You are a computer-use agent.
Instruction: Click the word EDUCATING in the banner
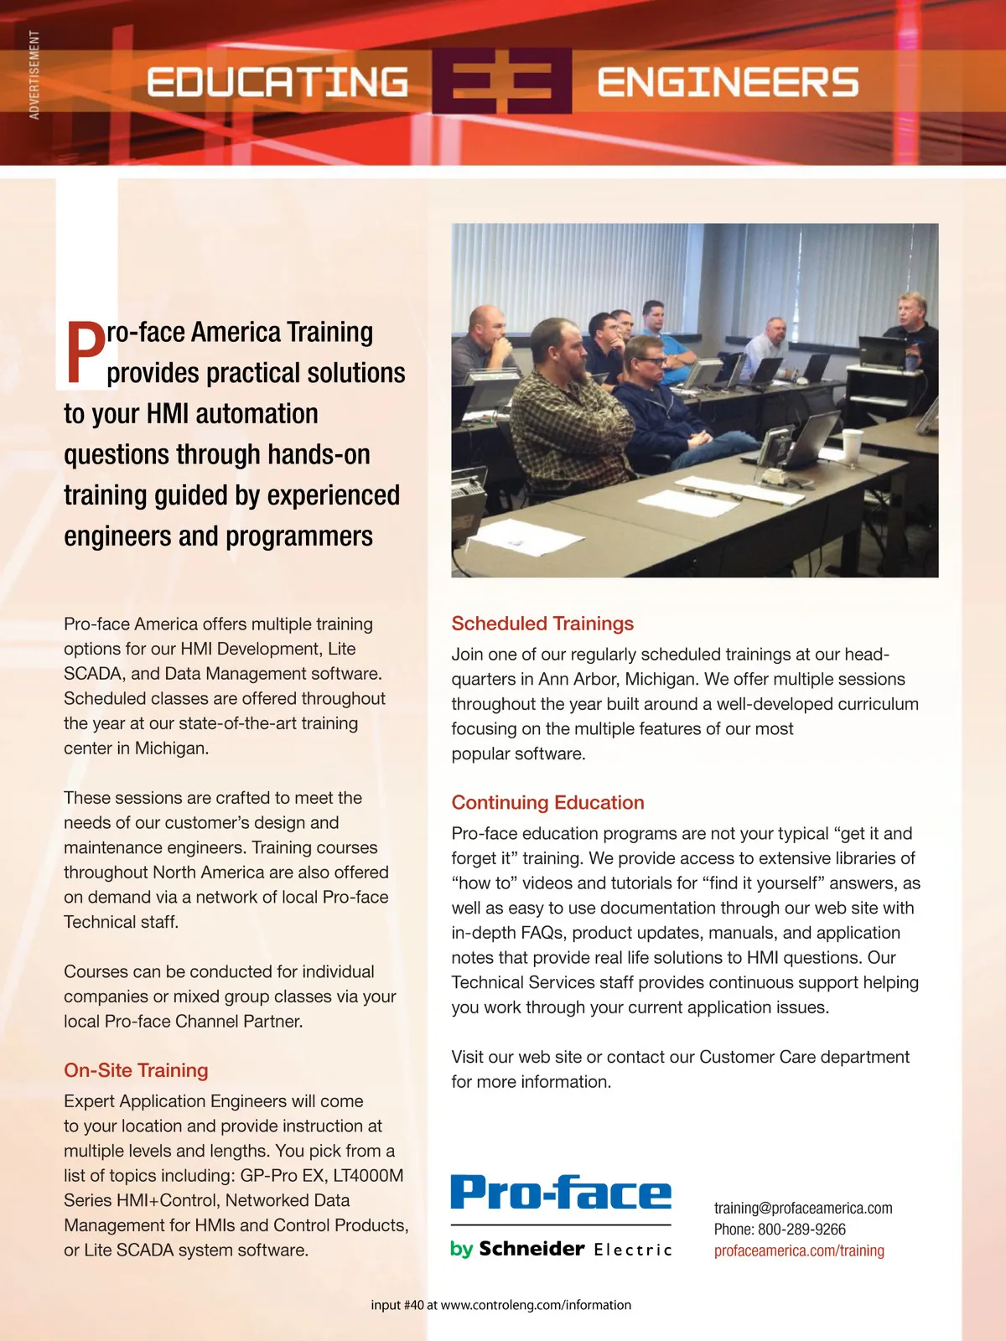pyautogui.click(x=277, y=82)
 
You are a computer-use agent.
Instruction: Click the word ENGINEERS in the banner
pyautogui.click(x=727, y=82)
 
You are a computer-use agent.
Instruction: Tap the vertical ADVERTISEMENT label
pyautogui.click(x=34, y=75)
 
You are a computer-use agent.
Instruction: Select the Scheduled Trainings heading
pyautogui.click(x=542, y=624)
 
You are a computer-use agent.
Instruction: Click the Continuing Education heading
pyautogui.click(x=547, y=803)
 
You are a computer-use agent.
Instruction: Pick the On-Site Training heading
pyautogui.click(x=136, y=1070)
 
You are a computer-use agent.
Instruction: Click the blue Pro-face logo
pyautogui.click(x=561, y=1192)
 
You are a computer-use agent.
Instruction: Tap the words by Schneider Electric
pyautogui.click(x=561, y=1249)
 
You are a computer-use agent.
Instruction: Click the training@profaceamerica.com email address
pyautogui.click(x=802, y=1208)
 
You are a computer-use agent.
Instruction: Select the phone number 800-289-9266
pyautogui.click(x=801, y=1230)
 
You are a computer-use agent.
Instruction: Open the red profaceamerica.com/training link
pyautogui.click(x=799, y=1250)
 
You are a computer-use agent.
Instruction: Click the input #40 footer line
pyautogui.click(x=500, y=1305)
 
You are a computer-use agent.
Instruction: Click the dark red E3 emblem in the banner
pyautogui.click(x=501, y=81)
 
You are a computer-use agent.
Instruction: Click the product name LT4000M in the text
pyautogui.click(x=368, y=1175)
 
